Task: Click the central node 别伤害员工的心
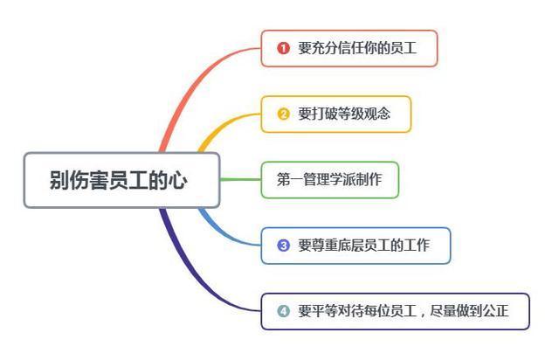tap(121, 180)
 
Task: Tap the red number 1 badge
tap(283, 48)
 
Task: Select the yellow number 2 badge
tap(283, 114)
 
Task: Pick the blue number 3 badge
tap(283, 246)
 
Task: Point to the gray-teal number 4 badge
tap(283, 311)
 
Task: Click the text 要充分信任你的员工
tap(357, 48)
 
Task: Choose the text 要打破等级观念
tap(344, 114)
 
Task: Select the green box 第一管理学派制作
tap(330, 180)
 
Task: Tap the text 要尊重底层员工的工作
tap(363, 246)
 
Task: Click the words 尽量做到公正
tap(469, 311)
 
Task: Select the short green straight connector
tap(241, 179)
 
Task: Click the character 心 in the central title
tap(178, 180)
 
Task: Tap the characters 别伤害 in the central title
tap(79, 180)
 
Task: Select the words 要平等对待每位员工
tap(357, 311)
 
